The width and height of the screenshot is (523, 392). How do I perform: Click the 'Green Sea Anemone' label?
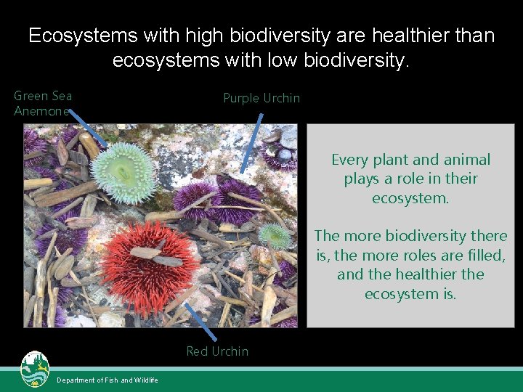click(43, 103)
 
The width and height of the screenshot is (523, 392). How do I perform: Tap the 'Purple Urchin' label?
click(261, 98)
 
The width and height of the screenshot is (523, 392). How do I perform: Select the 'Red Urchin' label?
click(217, 351)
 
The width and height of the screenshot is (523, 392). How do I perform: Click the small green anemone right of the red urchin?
click(275, 235)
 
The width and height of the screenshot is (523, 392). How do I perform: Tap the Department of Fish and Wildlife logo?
click(34, 369)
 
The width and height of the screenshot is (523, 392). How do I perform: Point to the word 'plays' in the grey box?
click(361, 179)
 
